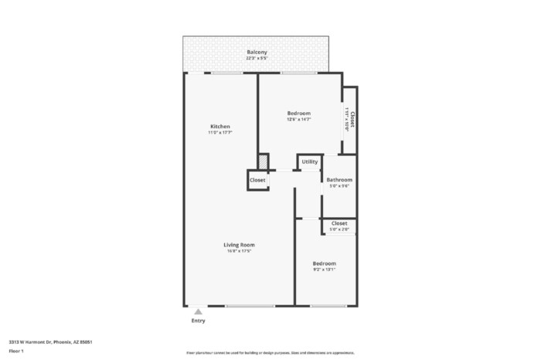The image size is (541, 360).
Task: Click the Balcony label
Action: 257,52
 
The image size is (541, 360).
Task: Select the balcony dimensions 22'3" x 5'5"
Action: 257,58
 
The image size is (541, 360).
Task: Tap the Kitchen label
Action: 220,127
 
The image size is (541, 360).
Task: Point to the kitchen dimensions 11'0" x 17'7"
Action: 220,133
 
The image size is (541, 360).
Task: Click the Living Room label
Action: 240,245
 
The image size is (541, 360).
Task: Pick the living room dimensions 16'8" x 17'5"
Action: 240,251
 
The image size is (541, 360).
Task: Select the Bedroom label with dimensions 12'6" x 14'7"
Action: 298,113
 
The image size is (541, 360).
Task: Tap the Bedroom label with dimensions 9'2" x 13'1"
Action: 324,263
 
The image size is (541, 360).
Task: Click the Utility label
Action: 310,162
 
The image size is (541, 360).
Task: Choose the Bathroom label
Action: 339,179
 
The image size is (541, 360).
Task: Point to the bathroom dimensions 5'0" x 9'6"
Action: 339,185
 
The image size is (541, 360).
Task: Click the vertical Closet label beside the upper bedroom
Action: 352,119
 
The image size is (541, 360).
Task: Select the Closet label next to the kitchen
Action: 257,180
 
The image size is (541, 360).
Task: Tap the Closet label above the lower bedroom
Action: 339,223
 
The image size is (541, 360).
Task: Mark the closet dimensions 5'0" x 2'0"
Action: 339,229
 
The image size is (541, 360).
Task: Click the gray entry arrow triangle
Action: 199,311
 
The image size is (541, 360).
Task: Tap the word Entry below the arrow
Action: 199,320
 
